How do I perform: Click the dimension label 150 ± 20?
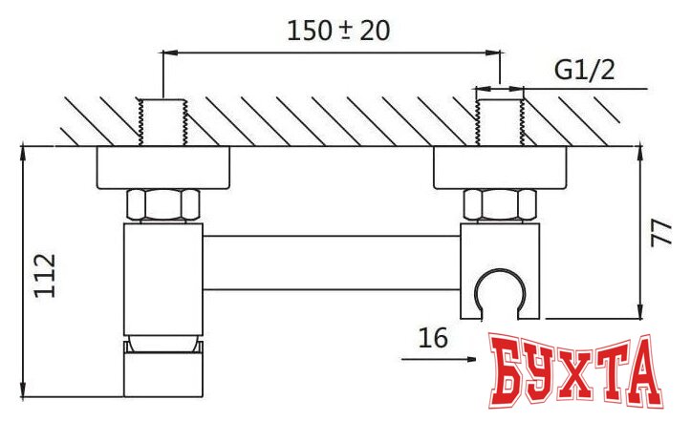pyautogui.click(x=339, y=30)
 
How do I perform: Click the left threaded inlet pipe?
pyautogui.click(x=163, y=121)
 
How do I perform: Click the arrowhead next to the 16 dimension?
pyautogui.click(x=471, y=359)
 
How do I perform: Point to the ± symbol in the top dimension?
pyautogui.click(x=347, y=30)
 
